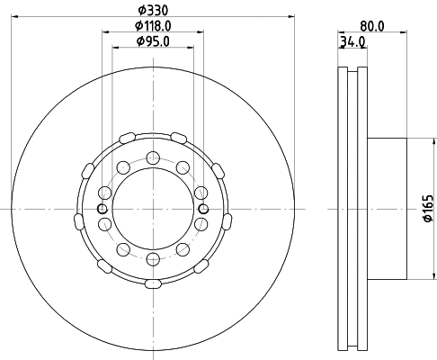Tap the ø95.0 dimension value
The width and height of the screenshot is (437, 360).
click(x=153, y=40)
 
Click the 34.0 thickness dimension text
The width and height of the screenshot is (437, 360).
click(x=352, y=40)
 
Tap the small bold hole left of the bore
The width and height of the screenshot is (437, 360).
click(x=103, y=210)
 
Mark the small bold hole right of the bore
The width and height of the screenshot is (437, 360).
click(x=203, y=210)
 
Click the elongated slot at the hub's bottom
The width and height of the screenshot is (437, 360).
click(x=153, y=283)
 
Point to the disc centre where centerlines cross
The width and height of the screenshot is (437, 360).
click(x=153, y=209)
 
